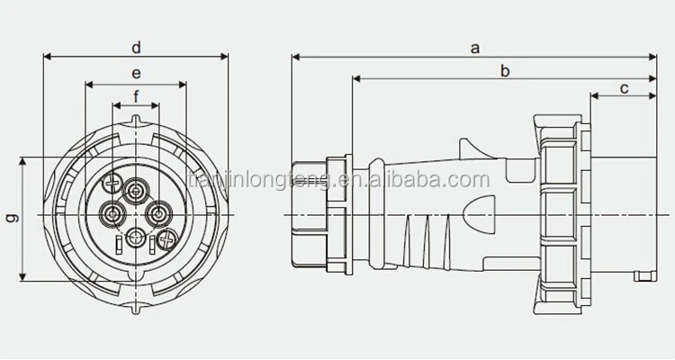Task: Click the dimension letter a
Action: [x=474, y=49]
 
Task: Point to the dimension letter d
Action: [x=136, y=47]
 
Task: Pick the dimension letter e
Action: [x=136, y=73]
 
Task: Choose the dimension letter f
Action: [x=136, y=95]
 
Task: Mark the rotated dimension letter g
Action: [x=11, y=219]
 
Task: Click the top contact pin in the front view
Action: [x=137, y=190]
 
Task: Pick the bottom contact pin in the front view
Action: [x=136, y=238]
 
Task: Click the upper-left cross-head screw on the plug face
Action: [x=111, y=184]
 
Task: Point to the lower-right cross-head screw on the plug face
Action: [x=164, y=241]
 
